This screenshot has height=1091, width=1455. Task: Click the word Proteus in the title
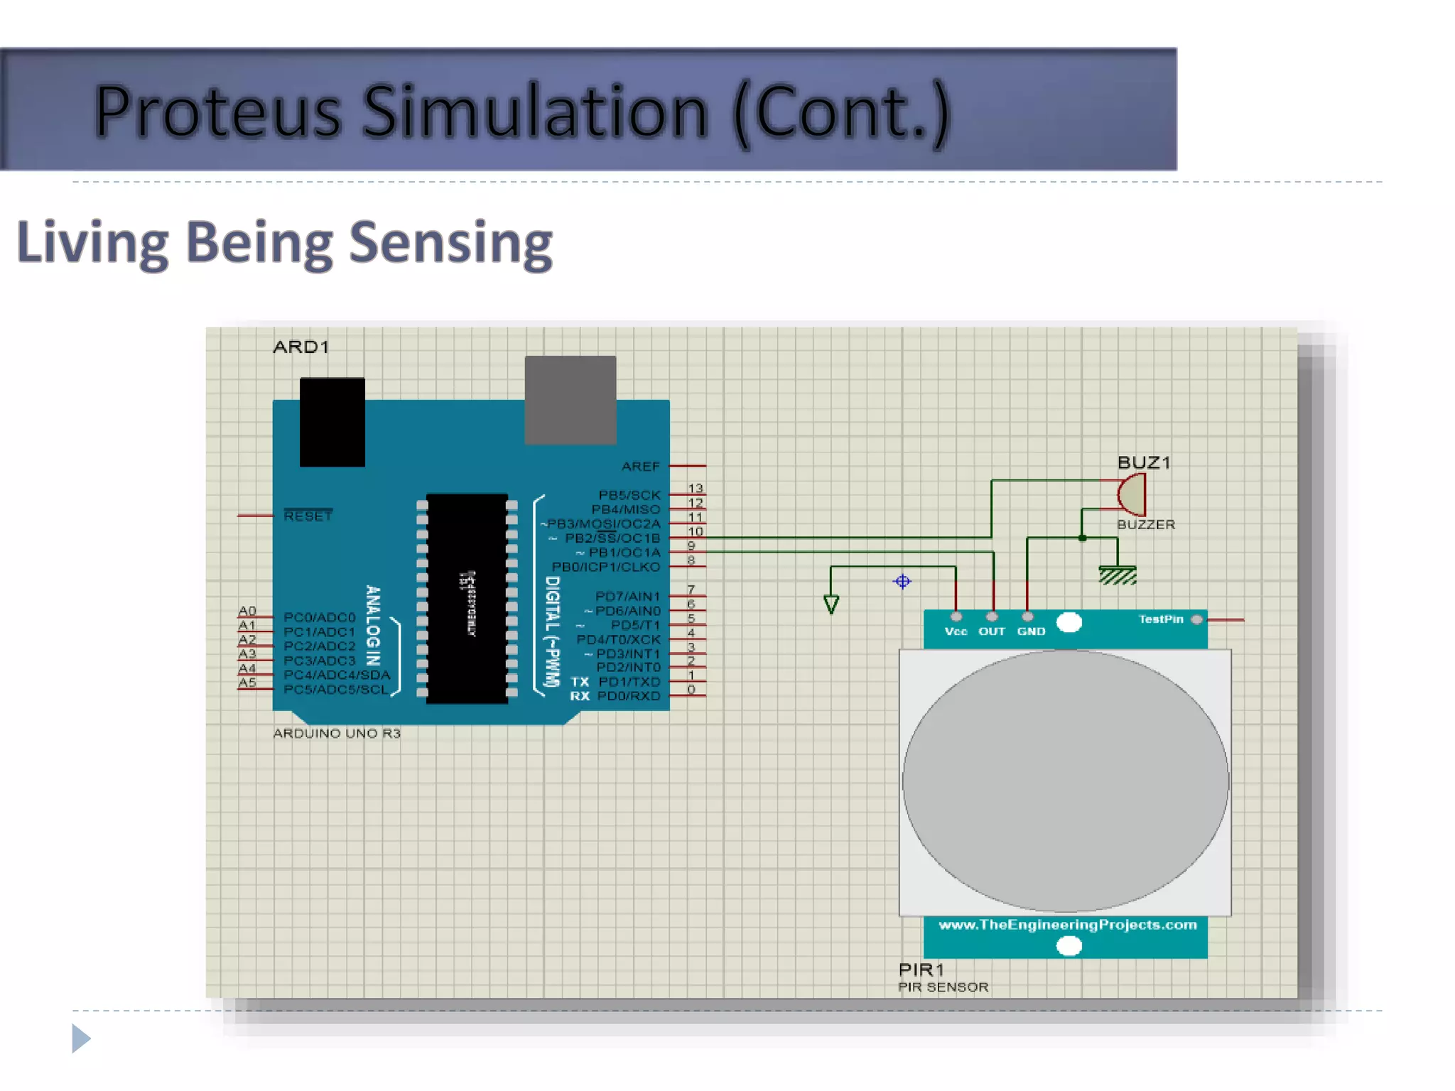coord(217,112)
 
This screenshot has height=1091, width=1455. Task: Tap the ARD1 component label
coord(301,347)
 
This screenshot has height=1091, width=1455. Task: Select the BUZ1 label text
coord(1144,463)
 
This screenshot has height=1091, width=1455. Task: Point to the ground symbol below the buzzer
coord(1117,574)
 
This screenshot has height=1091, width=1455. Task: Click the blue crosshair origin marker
coord(902,582)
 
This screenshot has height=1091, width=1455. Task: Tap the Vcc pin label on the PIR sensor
coord(956,631)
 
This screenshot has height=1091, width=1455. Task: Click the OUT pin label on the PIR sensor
coord(992,631)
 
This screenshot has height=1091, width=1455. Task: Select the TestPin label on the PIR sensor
coord(1161,619)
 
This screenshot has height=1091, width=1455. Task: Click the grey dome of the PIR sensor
coord(1065,781)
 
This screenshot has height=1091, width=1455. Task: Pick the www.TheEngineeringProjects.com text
coord(1067,925)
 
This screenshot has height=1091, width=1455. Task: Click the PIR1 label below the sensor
coord(921,970)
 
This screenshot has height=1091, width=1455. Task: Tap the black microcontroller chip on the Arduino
coord(467,598)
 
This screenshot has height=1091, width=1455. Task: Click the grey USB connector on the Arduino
coord(570,400)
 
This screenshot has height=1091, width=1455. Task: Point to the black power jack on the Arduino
coord(332,422)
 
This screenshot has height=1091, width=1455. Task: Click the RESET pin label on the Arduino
coord(308,516)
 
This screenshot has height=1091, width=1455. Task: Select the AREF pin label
coord(640,467)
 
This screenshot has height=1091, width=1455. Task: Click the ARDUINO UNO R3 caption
coord(337,734)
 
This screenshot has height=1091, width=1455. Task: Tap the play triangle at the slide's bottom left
coord(81,1038)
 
